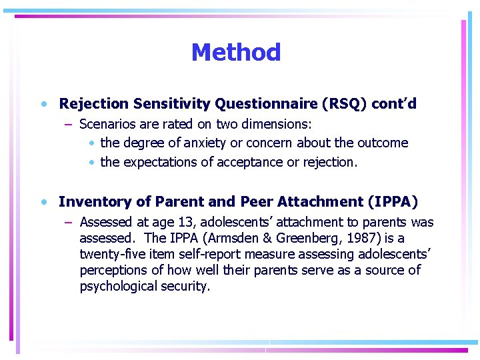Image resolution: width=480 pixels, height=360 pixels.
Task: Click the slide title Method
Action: point(236,52)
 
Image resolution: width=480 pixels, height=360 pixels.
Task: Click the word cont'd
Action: point(394,104)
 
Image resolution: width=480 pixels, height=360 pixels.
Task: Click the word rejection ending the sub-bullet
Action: point(333,162)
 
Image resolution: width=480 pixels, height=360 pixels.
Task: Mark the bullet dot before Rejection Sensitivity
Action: point(43,105)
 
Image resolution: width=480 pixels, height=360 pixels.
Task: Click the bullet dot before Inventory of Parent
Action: point(43,202)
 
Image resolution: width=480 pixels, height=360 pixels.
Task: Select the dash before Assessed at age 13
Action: point(69,223)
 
